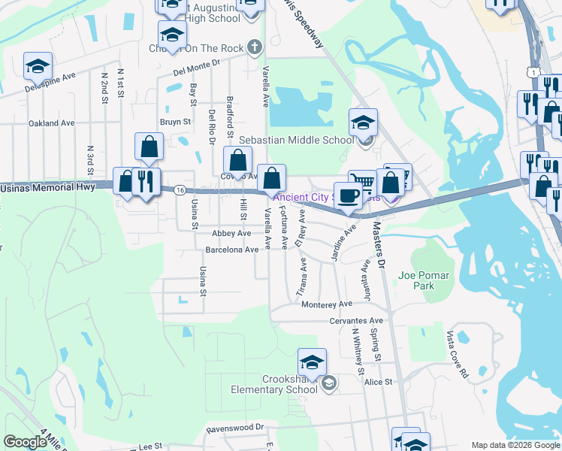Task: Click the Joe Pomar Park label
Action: [416, 280]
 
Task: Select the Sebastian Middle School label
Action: [296, 140]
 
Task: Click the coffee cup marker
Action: [347, 196]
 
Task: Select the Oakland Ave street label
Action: [52, 123]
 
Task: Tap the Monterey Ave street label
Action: [327, 304]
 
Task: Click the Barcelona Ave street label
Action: [232, 250]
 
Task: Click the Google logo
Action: [25, 442]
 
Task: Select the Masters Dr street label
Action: [378, 242]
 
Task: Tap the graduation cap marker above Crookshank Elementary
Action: [312, 363]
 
